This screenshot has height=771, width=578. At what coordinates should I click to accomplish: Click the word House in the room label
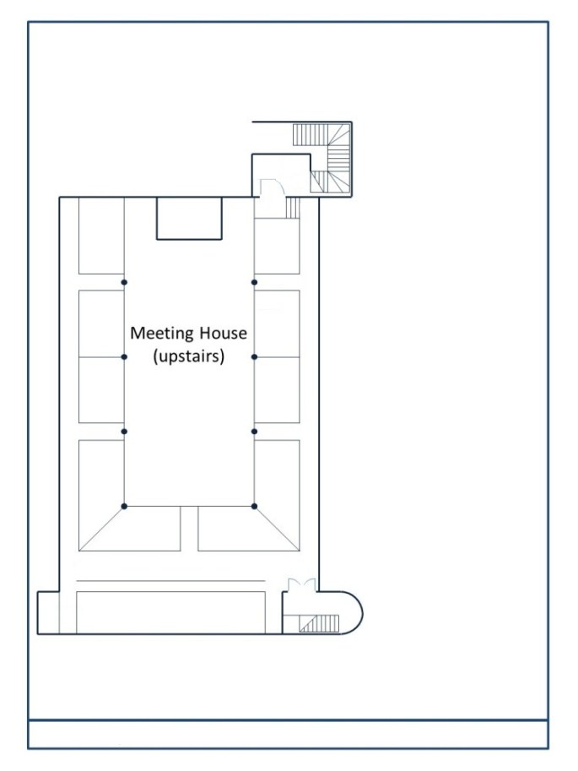pos(224,334)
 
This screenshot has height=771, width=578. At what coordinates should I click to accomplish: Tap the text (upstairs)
pos(188,356)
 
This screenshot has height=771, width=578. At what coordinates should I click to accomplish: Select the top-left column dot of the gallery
pos(124,282)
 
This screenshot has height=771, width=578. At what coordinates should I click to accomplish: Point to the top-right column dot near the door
pos(254,282)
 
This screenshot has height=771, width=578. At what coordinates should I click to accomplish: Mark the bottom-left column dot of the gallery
pos(124,507)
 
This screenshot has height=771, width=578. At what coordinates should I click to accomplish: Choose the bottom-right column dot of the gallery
pos(254,507)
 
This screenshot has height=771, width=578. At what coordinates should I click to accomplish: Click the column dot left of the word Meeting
pos(124,357)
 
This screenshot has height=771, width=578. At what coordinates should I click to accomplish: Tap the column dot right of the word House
pos(254,357)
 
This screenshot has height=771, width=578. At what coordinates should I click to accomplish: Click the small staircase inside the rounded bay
pos(321,624)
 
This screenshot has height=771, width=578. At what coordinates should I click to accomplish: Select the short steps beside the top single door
pos(292,208)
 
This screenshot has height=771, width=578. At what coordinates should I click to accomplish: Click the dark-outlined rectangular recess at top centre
pos(189,218)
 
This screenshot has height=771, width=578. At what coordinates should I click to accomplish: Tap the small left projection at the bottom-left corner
pos(48,612)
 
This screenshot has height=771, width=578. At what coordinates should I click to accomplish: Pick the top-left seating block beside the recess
pos(101,236)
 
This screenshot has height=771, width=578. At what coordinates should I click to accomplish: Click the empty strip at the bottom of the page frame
pos(288,734)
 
